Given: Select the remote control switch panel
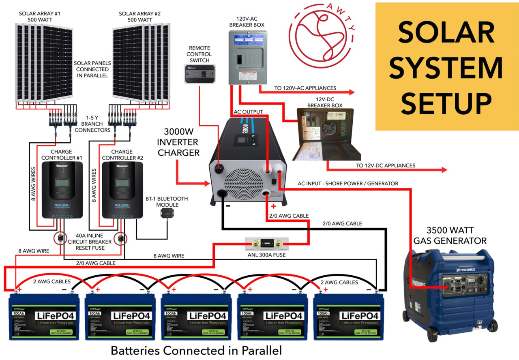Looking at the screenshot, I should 199,74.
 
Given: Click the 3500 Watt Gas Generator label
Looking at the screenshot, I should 450,235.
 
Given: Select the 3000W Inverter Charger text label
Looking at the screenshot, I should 178,142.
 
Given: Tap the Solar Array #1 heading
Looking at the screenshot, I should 39,17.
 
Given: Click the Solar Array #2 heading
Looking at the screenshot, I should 140,17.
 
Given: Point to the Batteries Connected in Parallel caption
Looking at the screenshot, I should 196,350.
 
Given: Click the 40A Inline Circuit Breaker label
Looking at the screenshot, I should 90,242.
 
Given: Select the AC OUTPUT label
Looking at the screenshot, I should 249,112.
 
